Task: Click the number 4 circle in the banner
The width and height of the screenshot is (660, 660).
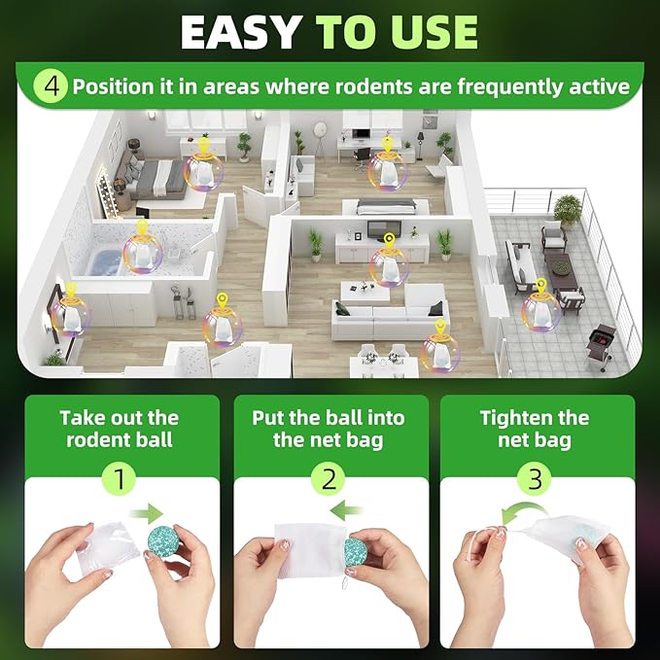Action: coord(52,86)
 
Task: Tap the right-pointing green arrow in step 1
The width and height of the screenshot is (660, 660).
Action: coord(150,512)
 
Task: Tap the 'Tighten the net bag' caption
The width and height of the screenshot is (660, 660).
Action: coord(534,429)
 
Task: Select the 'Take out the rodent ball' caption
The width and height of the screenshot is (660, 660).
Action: coord(120,429)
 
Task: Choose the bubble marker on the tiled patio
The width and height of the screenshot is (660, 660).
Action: coord(540,306)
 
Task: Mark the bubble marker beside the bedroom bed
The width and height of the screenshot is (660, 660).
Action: coord(204,171)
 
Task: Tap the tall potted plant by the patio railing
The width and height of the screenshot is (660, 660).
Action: coord(568,209)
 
